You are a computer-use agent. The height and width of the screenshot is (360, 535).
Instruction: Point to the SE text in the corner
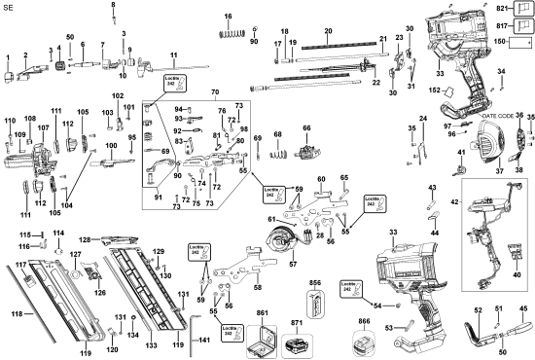[x=9, y=7]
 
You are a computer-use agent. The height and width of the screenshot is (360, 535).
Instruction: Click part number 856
[x=315, y=282]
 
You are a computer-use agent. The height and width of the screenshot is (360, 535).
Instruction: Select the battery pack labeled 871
[x=296, y=347]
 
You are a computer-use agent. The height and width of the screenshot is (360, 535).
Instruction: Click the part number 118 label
[x=15, y=314]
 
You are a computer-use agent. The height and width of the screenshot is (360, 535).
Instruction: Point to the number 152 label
[x=449, y=90]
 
